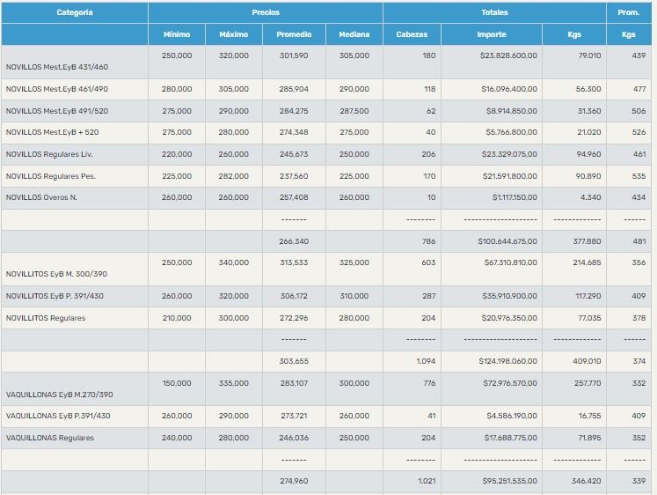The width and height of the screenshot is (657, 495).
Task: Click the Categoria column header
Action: click(x=75, y=12)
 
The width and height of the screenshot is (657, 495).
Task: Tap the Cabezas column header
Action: click(x=412, y=34)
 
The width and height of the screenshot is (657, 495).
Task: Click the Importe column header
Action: click(x=491, y=34)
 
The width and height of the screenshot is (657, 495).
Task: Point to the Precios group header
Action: click(x=266, y=12)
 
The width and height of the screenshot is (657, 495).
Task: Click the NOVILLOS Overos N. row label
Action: click(x=41, y=197)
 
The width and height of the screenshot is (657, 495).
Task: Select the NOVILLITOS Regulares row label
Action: click(x=46, y=318)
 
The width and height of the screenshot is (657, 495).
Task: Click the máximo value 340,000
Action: click(x=233, y=262)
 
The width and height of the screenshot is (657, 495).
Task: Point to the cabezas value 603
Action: click(x=426, y=262)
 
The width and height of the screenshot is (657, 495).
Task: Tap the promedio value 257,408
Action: click(x=293, y=197)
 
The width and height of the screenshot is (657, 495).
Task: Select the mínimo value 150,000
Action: click(x=177, y=383)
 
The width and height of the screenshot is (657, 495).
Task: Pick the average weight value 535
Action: click(x=639, y=176)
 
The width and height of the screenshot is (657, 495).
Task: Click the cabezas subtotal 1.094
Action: click(x=426, y=361)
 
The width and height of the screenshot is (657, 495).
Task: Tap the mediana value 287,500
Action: click(x=354, y=112)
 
